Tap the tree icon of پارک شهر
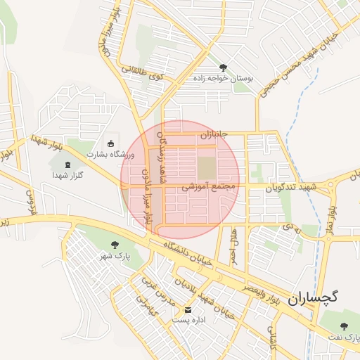[115, 245]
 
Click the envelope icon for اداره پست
[188, 309]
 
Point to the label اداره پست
[188, 320]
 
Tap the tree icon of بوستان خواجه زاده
[224, 68]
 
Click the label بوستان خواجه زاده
[224, 79]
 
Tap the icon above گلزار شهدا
[67, 165]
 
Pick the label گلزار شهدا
[67, 174]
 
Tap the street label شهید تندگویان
[292, 187]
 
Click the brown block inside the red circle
[207, 168]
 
